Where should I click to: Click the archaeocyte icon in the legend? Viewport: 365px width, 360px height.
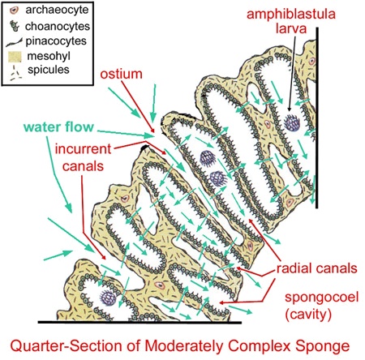[x=14, y=11]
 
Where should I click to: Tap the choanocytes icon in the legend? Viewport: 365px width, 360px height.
[x=15, y=26]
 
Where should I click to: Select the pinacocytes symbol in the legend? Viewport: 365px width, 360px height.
[x=14, y=42]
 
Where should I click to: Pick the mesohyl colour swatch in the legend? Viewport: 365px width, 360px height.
[x=15, y=57]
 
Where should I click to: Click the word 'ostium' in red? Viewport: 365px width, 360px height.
[x=121, y=74]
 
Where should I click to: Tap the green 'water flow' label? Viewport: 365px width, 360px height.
[x=58, y=126]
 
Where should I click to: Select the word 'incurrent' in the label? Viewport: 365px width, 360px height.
[x=84, y=149]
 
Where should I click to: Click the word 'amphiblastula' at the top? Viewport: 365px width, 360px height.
[x=291, y=15]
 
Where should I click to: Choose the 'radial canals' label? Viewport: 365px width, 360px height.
[x=316, y=268]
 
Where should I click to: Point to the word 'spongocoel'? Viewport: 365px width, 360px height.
[x=322, y=298]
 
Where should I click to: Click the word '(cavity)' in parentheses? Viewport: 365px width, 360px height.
[x=308, y=314]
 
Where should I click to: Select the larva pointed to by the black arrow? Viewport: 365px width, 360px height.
[x=292, y=122]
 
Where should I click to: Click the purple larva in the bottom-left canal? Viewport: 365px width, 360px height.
[x=108, y=298]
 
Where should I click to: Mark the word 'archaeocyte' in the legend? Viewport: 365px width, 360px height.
[x=57, y=10]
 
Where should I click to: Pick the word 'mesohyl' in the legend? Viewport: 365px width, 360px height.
[x=49, y=56]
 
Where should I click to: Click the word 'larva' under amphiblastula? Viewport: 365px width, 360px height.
[x=291, y=28]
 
